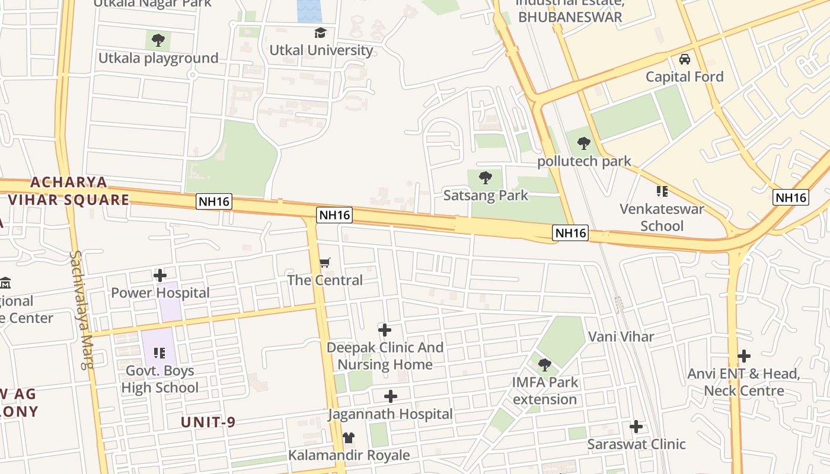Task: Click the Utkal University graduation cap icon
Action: (320, 33)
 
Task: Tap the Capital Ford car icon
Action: (684, 59)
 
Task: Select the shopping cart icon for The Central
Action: (324, 262)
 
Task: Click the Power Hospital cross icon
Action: (159, 276)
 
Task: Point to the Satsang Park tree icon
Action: (485, 178)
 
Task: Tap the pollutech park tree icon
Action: (583, 143)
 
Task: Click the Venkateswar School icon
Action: (662, 191)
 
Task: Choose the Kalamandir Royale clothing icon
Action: (349, 438)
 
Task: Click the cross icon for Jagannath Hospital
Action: (390, 396)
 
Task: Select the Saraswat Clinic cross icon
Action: (636, 427)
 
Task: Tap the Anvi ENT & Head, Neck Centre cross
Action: (743, 356)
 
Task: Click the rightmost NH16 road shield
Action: (791, 197)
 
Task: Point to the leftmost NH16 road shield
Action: (214, 202)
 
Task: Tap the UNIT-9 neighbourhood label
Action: (208, 422)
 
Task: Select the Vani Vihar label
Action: (621, 337)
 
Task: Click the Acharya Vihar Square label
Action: (69, 191)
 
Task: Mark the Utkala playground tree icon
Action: (158, 40)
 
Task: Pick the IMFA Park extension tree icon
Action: (544, 365)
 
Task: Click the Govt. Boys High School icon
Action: (159, 353)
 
